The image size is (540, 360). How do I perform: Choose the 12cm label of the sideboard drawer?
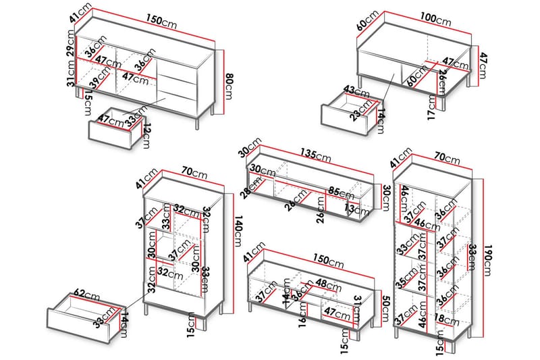pos(146,134)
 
